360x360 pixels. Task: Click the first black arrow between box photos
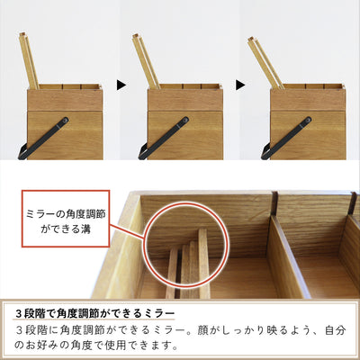(x=121, y=85)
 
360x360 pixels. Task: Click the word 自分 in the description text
(x=334, y=330)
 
